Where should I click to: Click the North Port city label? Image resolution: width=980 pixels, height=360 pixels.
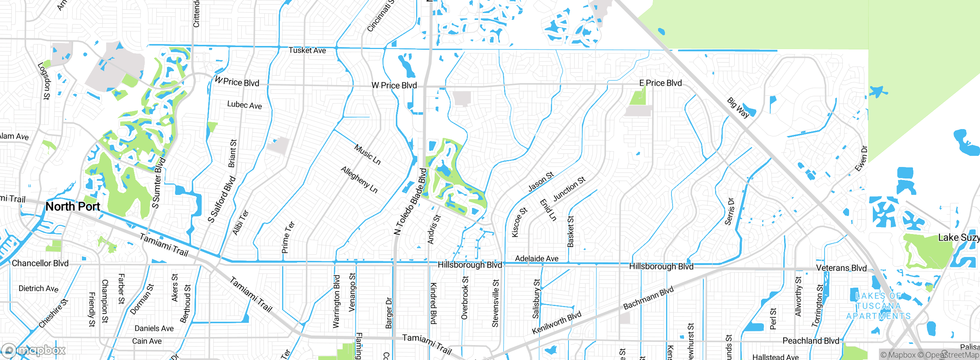pyautogui.click(x=73, y=206)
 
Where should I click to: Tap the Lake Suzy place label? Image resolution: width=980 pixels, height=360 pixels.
pyautogui.click(x=958, y=237)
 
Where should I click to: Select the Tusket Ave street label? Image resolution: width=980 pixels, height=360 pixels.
pyautogui.click(x=307, y=50)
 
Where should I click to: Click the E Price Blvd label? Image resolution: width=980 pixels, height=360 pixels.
pyautogui.click(x=660, y=83)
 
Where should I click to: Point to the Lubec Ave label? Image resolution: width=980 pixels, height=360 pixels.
pyautogui.click(x=244, y=105)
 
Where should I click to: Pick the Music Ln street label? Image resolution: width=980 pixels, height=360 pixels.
pyautogui.click(x=367, y=154)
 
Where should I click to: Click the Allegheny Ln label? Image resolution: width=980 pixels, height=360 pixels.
pyautogui.click(x=359, y=180)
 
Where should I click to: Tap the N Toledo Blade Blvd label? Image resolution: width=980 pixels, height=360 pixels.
pyautogui.click(x=410, y=201)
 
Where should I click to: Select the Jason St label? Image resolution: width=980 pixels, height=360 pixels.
pyautogui.click(x=541, y=182)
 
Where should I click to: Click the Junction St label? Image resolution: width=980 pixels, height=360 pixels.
pyautogui.click(x=569, y=188)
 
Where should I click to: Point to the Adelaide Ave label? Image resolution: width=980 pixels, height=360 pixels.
pyautogui.click(x=536, y=259)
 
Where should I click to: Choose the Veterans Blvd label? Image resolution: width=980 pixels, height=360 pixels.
pyautogui.click(x=841, y=268)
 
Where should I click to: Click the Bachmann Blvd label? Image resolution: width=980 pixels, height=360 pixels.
pyautogui.click(x=648, y=298)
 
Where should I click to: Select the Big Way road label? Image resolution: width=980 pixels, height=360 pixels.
pyautogui.click(x=738, y=108)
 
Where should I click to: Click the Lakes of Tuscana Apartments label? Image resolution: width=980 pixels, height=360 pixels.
pyautogui.click(x=878, y=306)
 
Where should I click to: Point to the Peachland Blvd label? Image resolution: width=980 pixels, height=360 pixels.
pyautogui.click(x=810, y=340)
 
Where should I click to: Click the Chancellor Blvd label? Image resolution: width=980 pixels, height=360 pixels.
pyautogui.click(x=40, y=263)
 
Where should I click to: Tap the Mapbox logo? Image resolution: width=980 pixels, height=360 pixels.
pyautogui.click(x=34, y=350)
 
